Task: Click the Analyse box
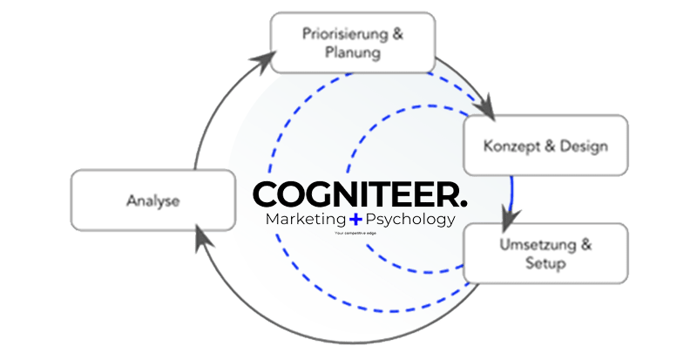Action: coord(152,201)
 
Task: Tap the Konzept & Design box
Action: coord(545,146)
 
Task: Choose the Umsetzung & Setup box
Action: coord(545,253)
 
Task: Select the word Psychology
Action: coord(409,220)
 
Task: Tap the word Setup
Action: coord(545,263)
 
